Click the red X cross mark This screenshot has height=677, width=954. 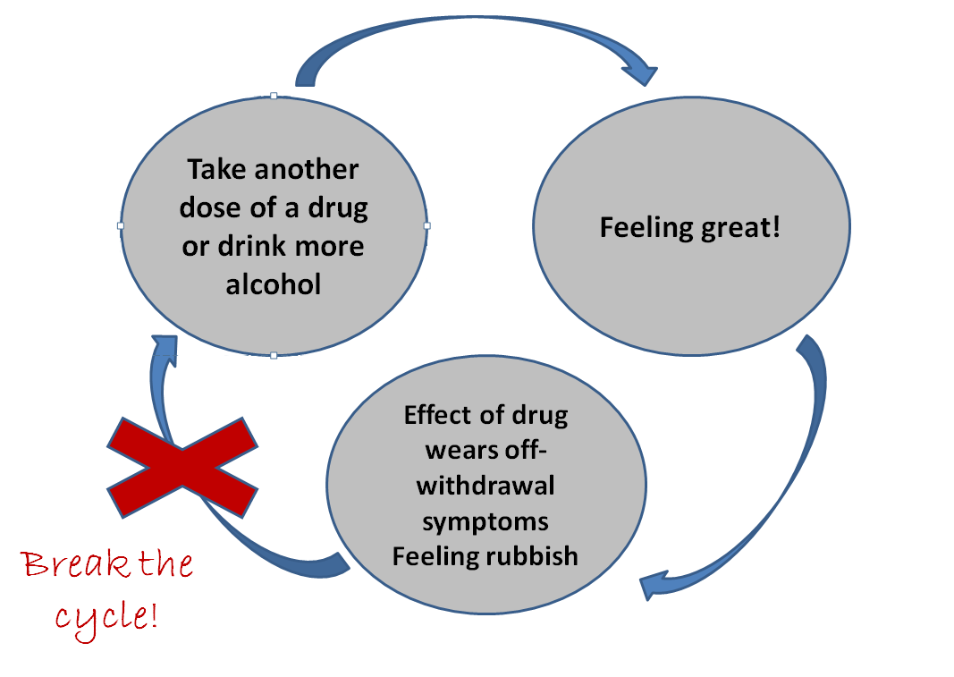[x=182, y=466]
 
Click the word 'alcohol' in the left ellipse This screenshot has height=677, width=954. [x=273, y=284]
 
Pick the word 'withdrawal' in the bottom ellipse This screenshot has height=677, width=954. [x=485, y=486]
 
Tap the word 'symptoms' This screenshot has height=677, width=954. [x=485, y=520]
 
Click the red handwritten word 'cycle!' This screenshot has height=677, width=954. [x=107, y=616]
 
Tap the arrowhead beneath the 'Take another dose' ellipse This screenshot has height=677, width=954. [x=164, y=348]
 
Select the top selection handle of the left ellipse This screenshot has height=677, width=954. [x=274, y=95]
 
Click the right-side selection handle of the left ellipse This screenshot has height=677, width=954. [x=426, y=225]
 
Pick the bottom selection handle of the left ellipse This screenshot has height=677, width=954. [x=274, y=356]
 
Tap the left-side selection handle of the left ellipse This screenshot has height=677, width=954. [x=121, y=225]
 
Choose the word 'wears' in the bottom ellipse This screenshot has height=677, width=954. [x=457, y=451]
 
